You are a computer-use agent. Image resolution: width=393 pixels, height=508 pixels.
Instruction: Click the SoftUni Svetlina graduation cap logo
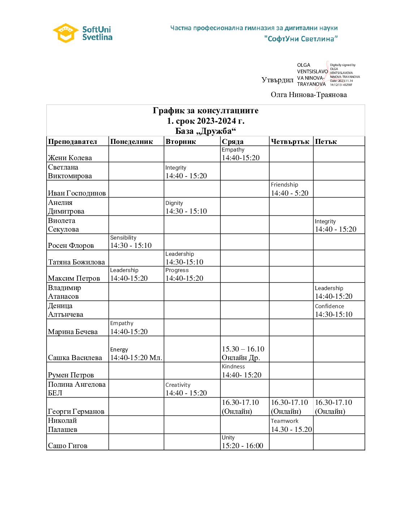pyautogui.click(x=65, y=33)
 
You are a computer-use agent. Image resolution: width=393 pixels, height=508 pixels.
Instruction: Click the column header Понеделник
pyautogui.click(x=131, y=141)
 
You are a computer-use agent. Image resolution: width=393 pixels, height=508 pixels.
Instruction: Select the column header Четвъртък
pyautogui.click(x=290, y=141)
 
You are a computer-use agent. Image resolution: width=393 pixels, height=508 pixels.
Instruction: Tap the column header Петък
pyautogui.click(x=326, y=141)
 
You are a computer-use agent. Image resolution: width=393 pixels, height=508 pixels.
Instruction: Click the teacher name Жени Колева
pyautogui.click(x=70, y=158)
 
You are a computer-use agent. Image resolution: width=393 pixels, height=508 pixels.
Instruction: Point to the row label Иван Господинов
pyautogui.click(x=77, y=193)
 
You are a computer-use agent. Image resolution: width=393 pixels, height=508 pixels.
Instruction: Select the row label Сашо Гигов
pyautogui.click(x=68, y=446)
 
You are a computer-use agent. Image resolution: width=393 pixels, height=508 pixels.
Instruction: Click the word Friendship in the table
pyautogui.click(x=284, y=185)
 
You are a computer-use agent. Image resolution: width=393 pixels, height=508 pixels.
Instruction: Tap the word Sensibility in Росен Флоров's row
pyautogui.click(x=123, y=238)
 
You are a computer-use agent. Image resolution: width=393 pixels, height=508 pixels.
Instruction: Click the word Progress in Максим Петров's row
pyautogui.click(x=177, y=270)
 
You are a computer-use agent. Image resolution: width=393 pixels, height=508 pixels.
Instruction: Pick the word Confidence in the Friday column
pyautogui.click(x=329, y=306)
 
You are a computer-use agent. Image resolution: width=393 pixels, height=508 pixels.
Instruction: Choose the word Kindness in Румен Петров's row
pyautogui.click(x=233, y=367)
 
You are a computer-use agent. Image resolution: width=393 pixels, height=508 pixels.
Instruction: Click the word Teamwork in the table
pyautogui.click(x=285, y=421)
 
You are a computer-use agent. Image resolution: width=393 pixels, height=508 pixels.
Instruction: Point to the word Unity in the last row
pyautogui.click(x=228, y=438)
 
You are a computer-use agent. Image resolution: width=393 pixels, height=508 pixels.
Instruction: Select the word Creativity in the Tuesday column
pyautogui.click(x=178, y=385)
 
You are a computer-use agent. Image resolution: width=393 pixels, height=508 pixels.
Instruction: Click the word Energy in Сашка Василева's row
pyautogui.click(x=119, y=350)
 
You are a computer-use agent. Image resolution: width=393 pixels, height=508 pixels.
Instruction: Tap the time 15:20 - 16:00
pyautogui.click(x=242, y=446)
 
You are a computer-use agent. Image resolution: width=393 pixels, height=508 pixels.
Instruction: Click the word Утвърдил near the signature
pyautogui.click(x=277, y=80)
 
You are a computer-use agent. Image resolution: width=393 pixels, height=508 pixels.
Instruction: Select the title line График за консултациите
pyautogui.click(x=206, y=110)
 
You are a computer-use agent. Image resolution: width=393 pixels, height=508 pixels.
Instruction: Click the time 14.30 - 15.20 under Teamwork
pyautogui.click(x=291, y=429)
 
